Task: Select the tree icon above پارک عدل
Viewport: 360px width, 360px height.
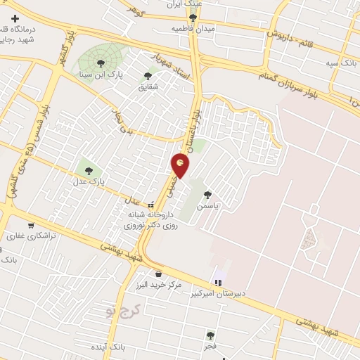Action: point(88,169)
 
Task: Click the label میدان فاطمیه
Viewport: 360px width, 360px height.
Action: point(192,29)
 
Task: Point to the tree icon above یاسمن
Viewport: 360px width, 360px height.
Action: point(207,195)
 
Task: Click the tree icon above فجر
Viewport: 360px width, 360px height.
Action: point(210,335)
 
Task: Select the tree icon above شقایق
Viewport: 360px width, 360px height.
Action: point(148,76)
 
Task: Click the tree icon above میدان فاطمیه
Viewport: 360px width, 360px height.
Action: point(193,18)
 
